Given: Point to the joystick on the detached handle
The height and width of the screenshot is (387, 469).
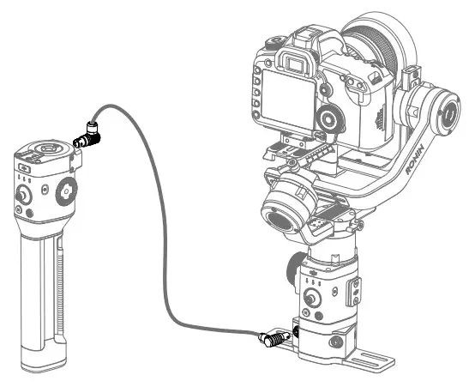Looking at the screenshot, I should coord(21,195).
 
